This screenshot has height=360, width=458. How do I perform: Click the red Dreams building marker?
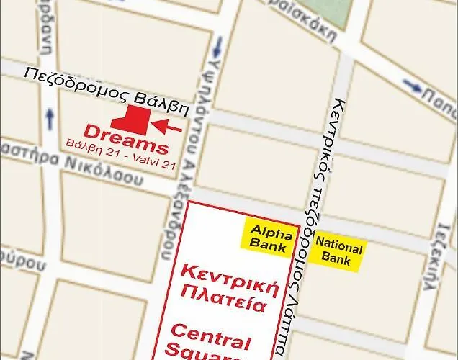(130, 119)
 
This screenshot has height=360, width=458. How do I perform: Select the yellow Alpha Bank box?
(270, 238)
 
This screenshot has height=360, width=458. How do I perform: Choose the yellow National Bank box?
(336, 253)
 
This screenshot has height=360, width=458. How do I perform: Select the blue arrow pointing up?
(50, 116)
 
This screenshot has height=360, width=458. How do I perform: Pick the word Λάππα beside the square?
(280, 328)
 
